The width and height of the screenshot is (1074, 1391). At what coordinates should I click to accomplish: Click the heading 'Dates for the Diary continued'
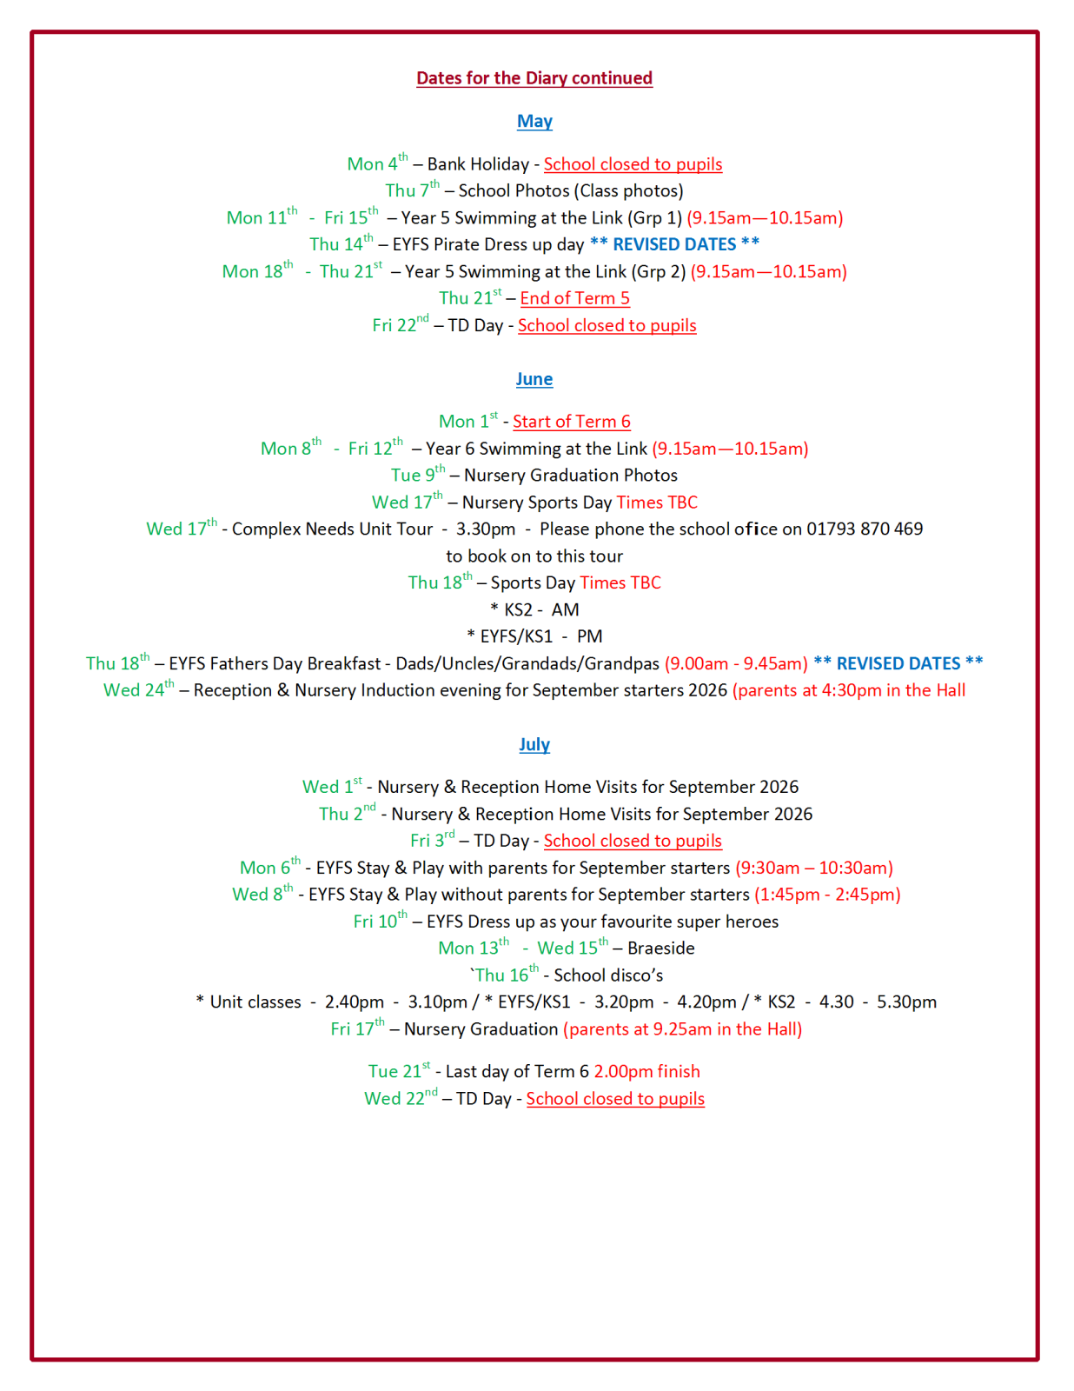click(x=534, y=78)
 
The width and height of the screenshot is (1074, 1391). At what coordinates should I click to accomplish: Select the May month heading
click(x=534, y=122)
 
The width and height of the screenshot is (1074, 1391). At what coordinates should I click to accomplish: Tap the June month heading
click(x=534, y=379)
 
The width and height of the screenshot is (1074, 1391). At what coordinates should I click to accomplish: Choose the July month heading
click(x=534, y=745)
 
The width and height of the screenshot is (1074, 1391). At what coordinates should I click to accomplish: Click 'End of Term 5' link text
click(x=574, y=298)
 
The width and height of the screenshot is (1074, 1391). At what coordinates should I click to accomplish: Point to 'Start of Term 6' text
click(x=571, y=422)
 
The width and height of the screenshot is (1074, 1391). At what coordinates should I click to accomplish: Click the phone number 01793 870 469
click(x=865, y=529)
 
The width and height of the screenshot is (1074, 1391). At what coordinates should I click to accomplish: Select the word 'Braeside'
click(x=660, y=948)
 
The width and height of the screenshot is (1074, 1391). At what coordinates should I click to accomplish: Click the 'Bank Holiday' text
click(x=478, y=164)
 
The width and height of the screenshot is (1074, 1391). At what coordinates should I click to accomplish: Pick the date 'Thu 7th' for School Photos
click(x=412, y=190)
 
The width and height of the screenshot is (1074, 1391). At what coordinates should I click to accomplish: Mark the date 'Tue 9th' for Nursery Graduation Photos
click(x=417, y=476)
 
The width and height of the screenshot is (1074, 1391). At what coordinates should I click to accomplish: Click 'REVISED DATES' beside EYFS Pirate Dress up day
click(x=674, y=244)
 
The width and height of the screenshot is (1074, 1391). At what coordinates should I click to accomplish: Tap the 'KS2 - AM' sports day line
click(x=535, y=610)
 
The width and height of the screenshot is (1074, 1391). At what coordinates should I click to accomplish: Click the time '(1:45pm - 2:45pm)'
click(x=827, y=895)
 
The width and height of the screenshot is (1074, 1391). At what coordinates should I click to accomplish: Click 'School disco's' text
click(x=608, y=975)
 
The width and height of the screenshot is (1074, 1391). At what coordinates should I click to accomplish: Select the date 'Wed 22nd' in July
click(x=400, y=1099)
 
